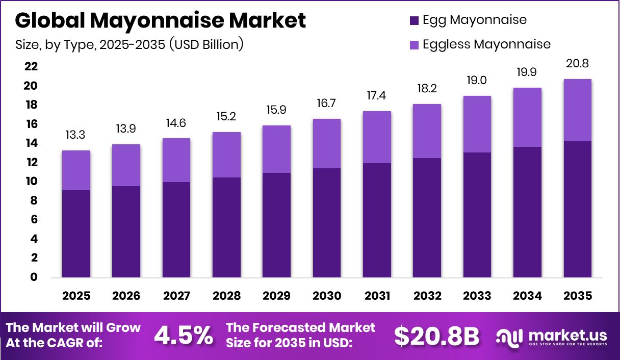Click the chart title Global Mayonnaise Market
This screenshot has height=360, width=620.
pos(161,20)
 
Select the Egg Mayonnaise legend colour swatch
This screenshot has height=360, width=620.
pos(414,20)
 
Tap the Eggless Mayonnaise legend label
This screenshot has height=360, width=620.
pos(486,44)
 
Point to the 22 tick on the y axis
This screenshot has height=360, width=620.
pos(31,67)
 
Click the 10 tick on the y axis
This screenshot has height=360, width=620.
pos(31,182)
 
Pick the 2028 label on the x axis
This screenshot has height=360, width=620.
pos(226,296)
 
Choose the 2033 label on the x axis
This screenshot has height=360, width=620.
pos(477,296)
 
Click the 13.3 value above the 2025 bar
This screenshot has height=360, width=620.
pos(76,135)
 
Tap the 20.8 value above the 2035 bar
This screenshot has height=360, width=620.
pos(577,64)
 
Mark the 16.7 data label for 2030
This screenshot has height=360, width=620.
pos(327,104)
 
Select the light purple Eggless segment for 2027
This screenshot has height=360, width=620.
pos(176,160)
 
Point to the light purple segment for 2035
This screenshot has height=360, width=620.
pos(577,110)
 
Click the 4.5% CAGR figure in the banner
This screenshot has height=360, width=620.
pos(183,335)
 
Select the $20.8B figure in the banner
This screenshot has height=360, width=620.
pos(436,335)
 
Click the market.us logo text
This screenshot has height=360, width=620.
pos(567,335)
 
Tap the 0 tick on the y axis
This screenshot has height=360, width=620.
pos(34,277)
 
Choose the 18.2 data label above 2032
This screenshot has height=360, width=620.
pos(427,89)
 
